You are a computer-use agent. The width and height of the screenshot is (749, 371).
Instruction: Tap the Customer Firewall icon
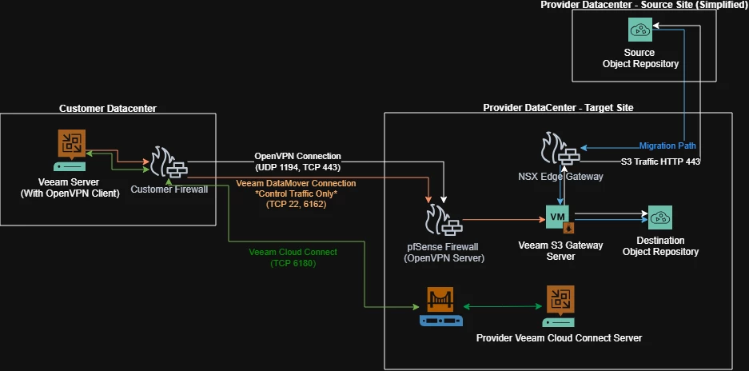(x=169, y=163)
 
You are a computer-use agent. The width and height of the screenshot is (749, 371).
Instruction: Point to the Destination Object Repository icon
(x=660, y=217)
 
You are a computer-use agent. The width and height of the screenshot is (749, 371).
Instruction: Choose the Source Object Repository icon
(x=640, y=30)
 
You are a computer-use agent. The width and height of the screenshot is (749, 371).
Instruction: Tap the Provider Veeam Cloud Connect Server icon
(x=559, y=305)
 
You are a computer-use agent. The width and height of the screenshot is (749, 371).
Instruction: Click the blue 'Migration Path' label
(x=668, y=146)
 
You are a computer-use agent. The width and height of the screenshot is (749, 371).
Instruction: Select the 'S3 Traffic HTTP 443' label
(x=660, y=162)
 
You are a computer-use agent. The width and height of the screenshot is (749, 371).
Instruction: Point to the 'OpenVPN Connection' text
(x=297, y=156)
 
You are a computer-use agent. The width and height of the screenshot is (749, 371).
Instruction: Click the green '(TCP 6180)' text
(x=293, y=263)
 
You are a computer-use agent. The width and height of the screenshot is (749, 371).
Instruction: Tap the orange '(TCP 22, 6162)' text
(x=297, y=205)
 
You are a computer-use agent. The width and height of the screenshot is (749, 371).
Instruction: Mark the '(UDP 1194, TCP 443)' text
(x=297, y=166)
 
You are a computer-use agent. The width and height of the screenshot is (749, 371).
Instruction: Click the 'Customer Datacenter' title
(x=108, y=108)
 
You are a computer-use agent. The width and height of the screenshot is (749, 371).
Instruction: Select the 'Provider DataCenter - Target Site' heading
(x=558, y=108)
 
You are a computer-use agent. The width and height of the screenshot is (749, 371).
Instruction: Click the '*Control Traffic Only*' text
(x=297, y=193)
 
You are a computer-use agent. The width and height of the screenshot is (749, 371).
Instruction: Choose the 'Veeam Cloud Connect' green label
(x=293, y=252)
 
